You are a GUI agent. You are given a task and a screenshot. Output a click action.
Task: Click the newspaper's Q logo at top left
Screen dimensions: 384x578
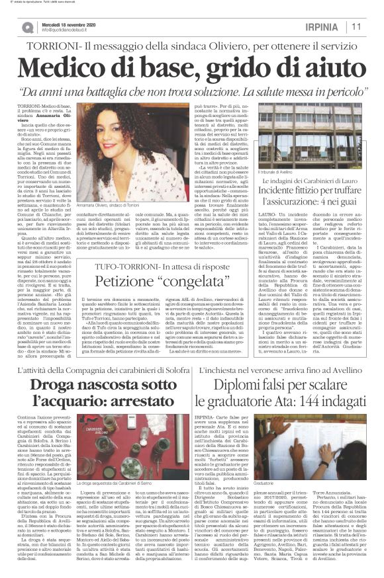[27, 27]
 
